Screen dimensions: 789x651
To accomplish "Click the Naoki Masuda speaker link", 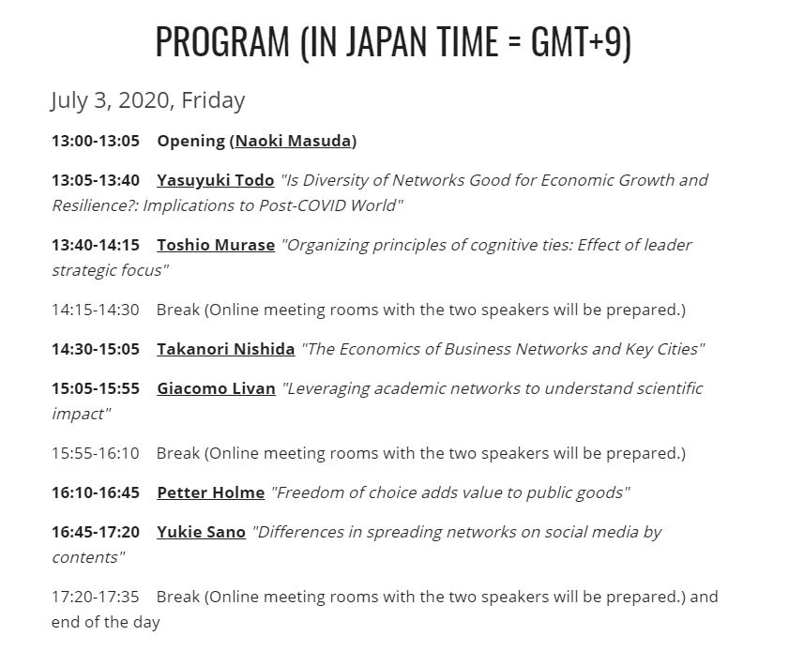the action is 293,141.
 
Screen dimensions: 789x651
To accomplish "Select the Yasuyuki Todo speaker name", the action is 216,180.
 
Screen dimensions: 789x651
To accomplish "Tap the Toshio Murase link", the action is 216,245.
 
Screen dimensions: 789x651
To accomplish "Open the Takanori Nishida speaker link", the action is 226,349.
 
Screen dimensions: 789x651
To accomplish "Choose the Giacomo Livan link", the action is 217,388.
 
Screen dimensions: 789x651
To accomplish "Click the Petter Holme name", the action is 211,492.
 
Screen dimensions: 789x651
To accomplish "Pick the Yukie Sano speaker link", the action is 202,532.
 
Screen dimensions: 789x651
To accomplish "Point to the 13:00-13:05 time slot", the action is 96,141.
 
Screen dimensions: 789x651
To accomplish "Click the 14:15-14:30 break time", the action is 96,310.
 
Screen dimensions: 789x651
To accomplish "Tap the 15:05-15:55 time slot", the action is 96,388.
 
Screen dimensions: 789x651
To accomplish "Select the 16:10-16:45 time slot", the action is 96,492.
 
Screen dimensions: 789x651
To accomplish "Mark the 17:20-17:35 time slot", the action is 96,598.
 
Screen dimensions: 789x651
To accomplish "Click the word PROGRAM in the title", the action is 223,41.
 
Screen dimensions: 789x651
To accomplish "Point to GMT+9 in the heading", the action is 577,41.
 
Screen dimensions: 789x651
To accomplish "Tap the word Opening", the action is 191,142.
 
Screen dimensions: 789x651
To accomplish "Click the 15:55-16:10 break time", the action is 96,453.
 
